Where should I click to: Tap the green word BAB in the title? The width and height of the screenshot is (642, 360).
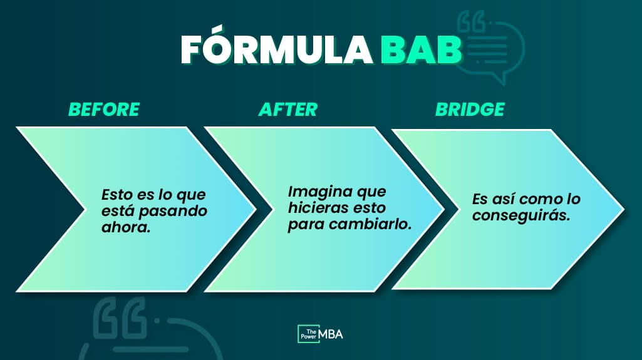(x=422, y=49)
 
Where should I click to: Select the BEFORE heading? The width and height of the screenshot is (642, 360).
(x=104, y=110)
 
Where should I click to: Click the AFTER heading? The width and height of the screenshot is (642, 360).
(x=288, y=110)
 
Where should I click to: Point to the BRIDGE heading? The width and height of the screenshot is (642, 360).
(x=470, y=110)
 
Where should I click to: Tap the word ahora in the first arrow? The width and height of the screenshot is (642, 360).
(x=126, y=227)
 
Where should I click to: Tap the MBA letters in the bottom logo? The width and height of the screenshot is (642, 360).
(x=331, y=334)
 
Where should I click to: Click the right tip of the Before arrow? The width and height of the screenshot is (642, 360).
(x=256, y=210)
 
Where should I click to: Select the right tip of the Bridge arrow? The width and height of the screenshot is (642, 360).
(x=624, y=210)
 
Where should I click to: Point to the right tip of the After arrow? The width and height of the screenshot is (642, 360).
(x=444, y=210)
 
